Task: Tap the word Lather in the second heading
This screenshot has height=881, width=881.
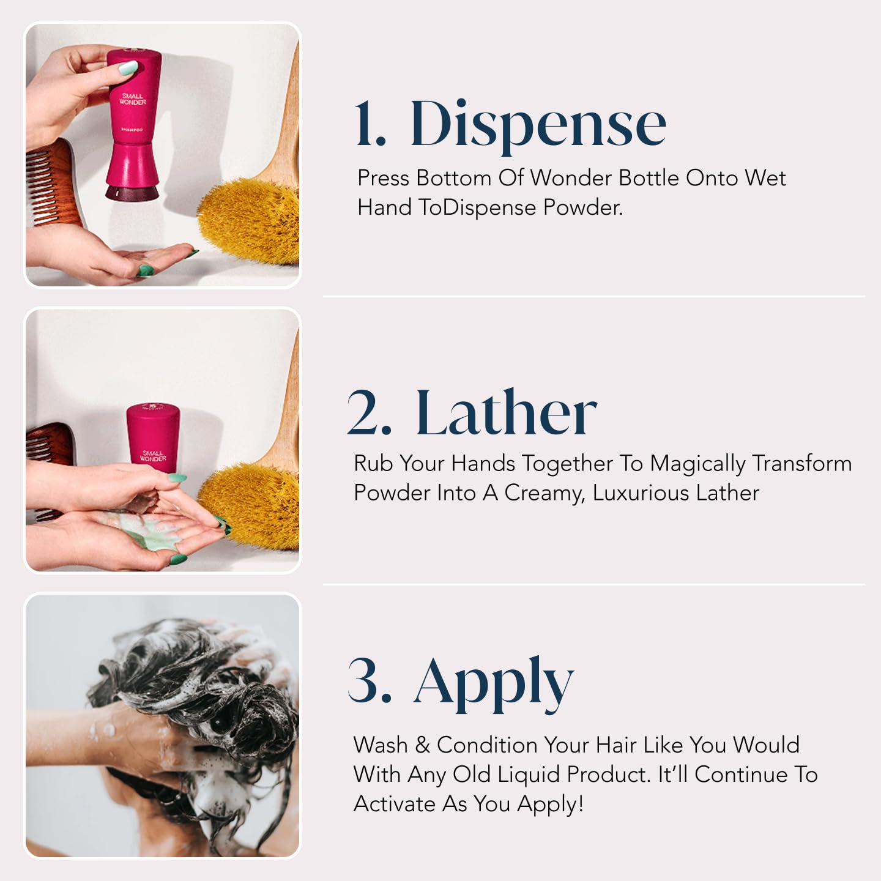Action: click(x=506, y=414)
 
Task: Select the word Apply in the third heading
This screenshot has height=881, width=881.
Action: click(x=494, y=682)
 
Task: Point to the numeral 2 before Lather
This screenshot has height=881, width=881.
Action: click(x=369, y=414)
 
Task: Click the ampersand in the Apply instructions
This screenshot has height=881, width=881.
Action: click(x=422, y=745)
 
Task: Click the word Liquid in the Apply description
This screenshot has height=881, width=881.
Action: click(x=529, y=775)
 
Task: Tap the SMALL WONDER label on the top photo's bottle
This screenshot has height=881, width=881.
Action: click(x=133, y=99)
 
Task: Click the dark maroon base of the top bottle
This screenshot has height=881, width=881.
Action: click(x=132, y=193)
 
